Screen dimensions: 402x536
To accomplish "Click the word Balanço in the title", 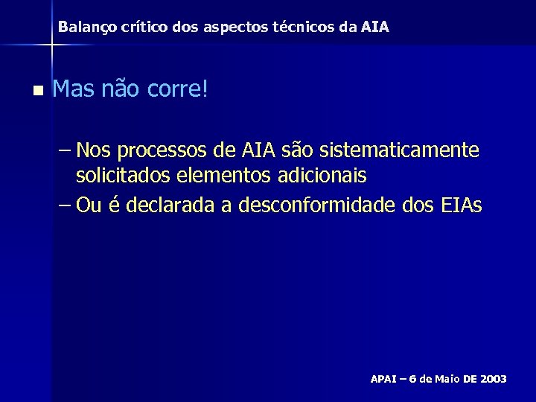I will pos(84,27).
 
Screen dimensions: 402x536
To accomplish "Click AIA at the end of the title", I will pos(374,27).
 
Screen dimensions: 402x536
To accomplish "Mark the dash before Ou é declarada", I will pos(63,205).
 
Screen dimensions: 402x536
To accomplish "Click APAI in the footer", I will pos(385,379).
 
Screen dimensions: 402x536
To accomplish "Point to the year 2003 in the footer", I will pos(494,379).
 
